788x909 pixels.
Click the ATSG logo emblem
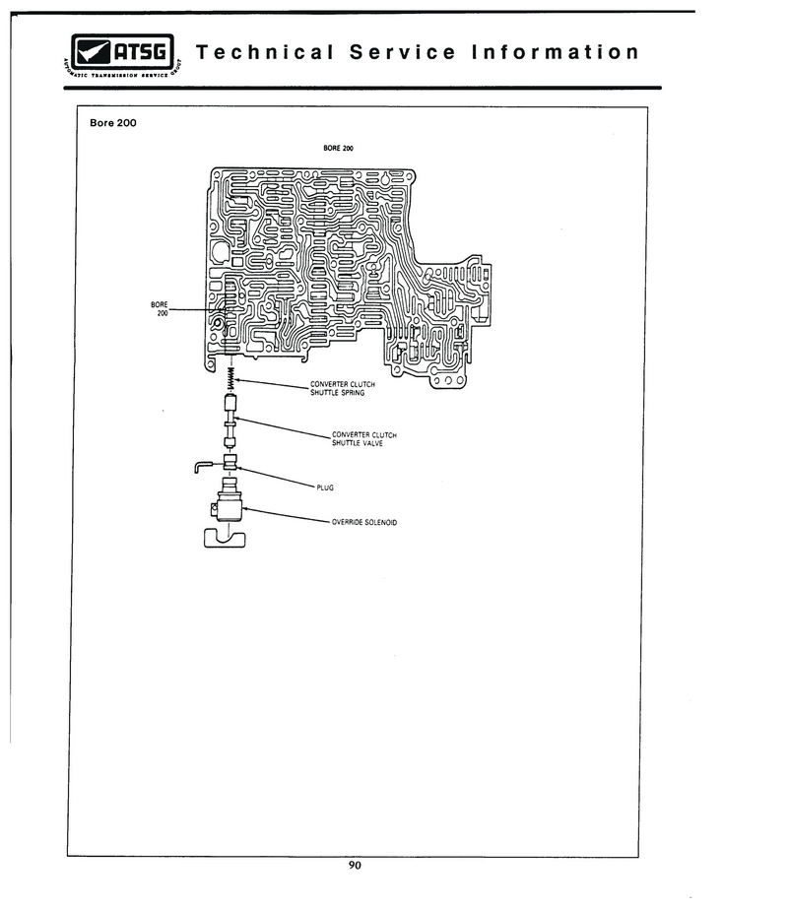(x=122, y=56)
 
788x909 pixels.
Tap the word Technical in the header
(x=266, y=52)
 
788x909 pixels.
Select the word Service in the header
(x=403, y=52)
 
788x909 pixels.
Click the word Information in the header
(x=556, y=52)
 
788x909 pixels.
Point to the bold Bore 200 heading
(x=113, y=123)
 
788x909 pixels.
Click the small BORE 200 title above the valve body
(x=338, y=149)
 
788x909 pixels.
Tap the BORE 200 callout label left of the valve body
(x=160, y=309)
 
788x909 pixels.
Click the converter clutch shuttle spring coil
(x=230, y=378)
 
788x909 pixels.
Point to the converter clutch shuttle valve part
(x=230, y=421)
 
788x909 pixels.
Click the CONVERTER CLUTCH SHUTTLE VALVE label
(x=364, y=439)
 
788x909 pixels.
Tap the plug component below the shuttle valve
(x=230, y=462)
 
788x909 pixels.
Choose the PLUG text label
(x=325, y=488)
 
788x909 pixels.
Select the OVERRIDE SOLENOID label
(x=364, y=522)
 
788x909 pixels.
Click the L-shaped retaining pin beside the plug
(x=204, y=464)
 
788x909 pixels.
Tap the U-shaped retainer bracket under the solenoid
(x=225, y=539)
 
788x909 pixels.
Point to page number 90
(x=355, y=866)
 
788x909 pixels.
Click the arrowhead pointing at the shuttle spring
(x=237, y=380)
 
